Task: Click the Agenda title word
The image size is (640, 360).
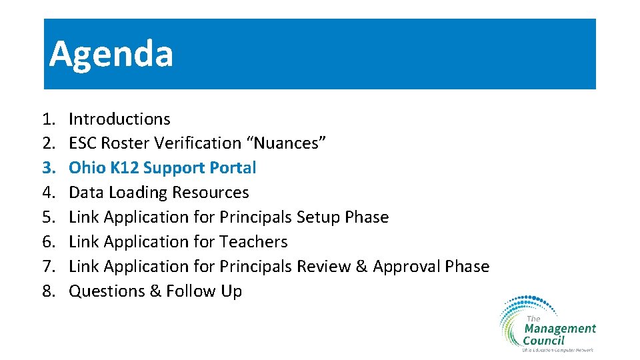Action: click(111, 54)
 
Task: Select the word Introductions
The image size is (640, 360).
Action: click(119, 119)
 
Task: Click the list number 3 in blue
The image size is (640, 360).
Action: click(48, 167)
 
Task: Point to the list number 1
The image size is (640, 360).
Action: click(48, 119)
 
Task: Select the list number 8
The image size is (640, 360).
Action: click(48, 291)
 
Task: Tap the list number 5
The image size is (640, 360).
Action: click(48, 217)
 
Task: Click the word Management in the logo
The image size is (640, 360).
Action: click(560, 329)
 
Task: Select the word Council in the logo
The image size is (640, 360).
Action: click(543, 340)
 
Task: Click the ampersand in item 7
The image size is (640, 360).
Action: click(362, 267)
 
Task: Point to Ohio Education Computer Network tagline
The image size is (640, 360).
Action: click(557, 349)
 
